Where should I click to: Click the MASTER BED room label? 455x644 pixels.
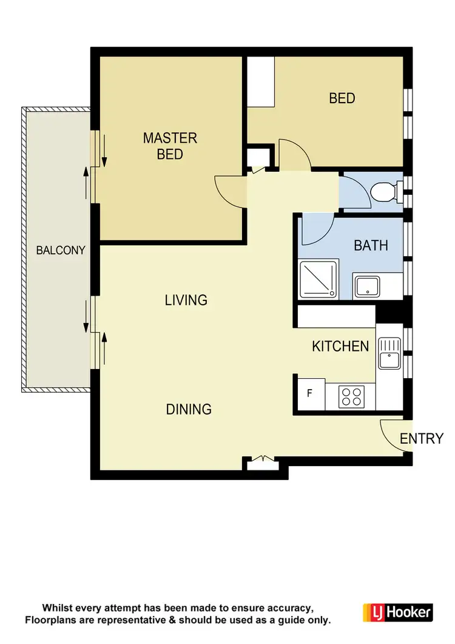point(170,146)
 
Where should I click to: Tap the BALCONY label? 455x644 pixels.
point(61,250)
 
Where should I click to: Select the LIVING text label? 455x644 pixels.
point(186,300)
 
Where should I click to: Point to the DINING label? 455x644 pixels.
point(189,409)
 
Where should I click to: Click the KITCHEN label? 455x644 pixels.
point(340,346)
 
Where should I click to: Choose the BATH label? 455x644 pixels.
point(371,246)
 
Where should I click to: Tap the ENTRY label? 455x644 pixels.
point(422,438)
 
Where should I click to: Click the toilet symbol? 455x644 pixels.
point(385,192)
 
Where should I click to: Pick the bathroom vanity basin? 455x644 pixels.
point(367,286)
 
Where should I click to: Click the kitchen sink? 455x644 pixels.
point(388,354)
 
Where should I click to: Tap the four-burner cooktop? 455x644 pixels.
point(350,396)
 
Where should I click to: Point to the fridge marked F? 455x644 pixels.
point(309,393)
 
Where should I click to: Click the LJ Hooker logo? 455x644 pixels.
point(397,612)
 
